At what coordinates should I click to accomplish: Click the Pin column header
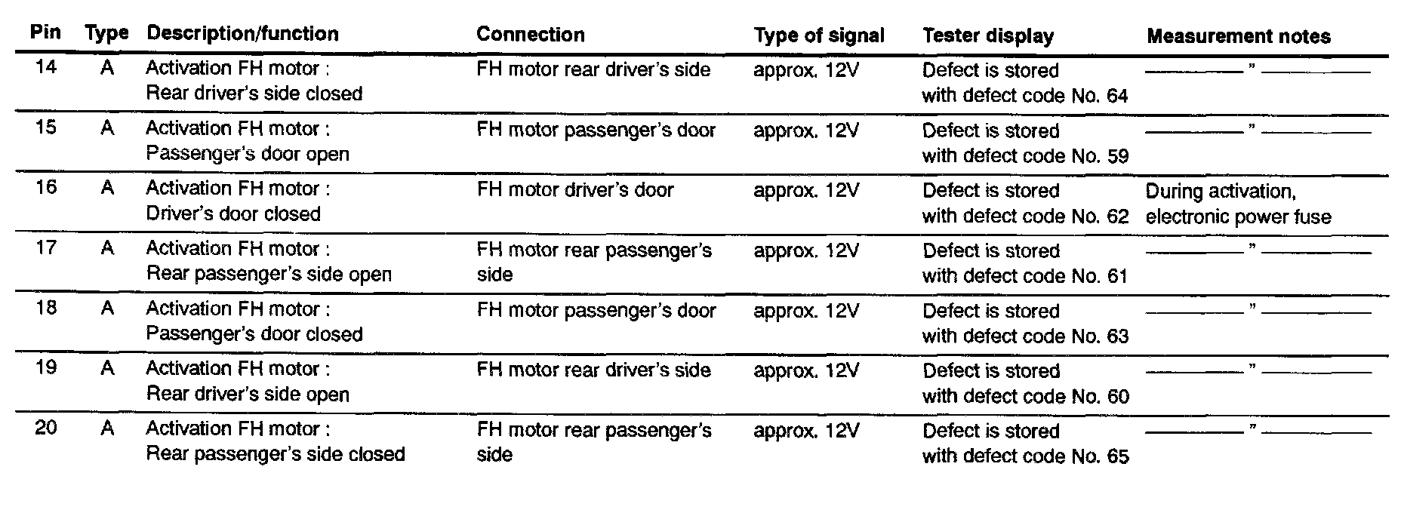click(45, 33)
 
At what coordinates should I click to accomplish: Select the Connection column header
click(530, 35)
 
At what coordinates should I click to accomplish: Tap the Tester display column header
click(987, 35)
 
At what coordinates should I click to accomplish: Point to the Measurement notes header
click(1238, 36)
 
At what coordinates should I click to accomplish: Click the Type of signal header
click(818, 35)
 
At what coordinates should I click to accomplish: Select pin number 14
click(45, 67)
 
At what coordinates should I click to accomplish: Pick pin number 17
click(45, 247)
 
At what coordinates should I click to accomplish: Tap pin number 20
click(45, 428)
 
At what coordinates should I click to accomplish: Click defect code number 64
click(1117, 96)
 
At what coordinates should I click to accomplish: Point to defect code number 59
click(1117, 156)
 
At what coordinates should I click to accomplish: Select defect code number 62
click(1117, 216)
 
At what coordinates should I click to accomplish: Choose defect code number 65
click(1117, 456)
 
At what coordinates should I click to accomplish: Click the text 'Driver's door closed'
click(233, 214)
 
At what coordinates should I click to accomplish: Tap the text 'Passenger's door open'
click(248, 154)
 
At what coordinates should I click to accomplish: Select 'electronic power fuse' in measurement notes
click(1238, 217)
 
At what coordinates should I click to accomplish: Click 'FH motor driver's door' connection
click(574, 190)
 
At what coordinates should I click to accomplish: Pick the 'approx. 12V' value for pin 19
click(805, 370)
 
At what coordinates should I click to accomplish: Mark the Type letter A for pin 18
click(107, 309)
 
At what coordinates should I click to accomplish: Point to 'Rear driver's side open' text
click(248, 395)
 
